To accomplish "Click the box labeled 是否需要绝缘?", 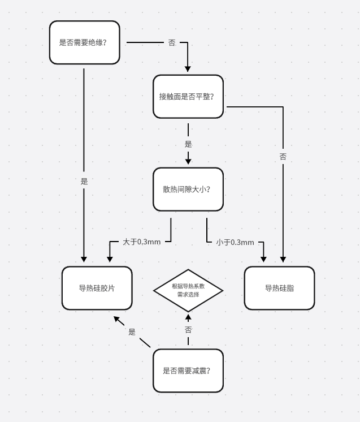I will [x=84, y=42].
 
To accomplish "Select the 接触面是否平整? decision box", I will [x=188, y=96].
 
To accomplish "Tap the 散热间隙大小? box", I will [x=188, y=189].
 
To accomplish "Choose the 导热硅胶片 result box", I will [x=97, y=288].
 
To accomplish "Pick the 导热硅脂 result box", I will [x=279, y=288].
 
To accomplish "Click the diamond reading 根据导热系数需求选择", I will [x=188, y=290].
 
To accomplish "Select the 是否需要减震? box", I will [x=188, y=371].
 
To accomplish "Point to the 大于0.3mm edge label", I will [x=142, y=242].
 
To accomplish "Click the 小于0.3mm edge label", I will [x=235, y=243].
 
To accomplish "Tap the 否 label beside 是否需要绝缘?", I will [x=172, y=43].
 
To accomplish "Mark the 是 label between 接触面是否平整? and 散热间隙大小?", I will [x=188, y=144].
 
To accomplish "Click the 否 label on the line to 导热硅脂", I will [x=283, y=157].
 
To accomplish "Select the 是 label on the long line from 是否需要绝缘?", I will [x=84, y=182].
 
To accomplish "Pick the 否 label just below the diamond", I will [x=188, y=329].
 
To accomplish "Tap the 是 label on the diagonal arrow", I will [x=132, y=332].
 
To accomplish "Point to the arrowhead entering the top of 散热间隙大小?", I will [x=188, y=162].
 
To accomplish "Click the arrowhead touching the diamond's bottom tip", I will [x=188, y=316].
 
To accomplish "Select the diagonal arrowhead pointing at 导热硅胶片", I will [x=117, y=319].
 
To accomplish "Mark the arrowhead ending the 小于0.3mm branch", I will [x=263, y=259].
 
